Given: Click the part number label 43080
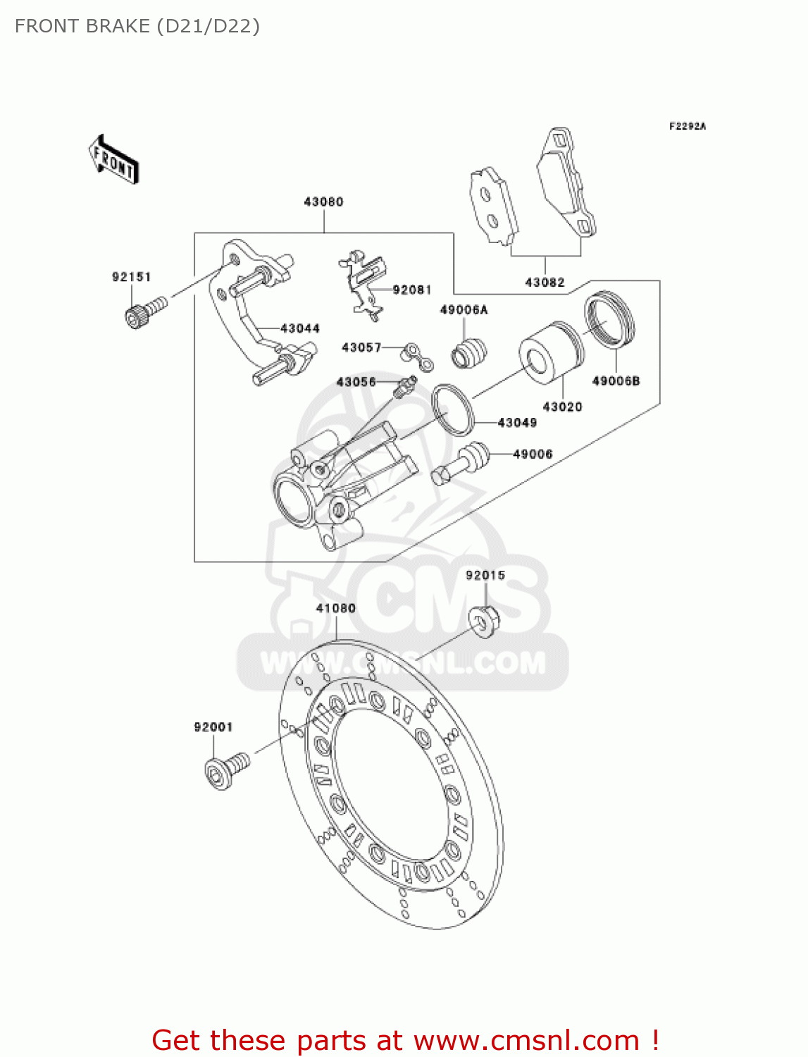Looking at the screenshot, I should point(323,202).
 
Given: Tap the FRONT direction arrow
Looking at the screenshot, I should point(113,160).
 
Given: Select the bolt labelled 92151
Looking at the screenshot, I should point(144,311).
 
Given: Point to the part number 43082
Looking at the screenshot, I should point(545,283).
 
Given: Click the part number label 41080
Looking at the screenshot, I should point(335,608).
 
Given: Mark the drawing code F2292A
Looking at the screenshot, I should point(688,127).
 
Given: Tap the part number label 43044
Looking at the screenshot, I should point(300,328).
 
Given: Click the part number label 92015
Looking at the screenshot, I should point(485,576).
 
